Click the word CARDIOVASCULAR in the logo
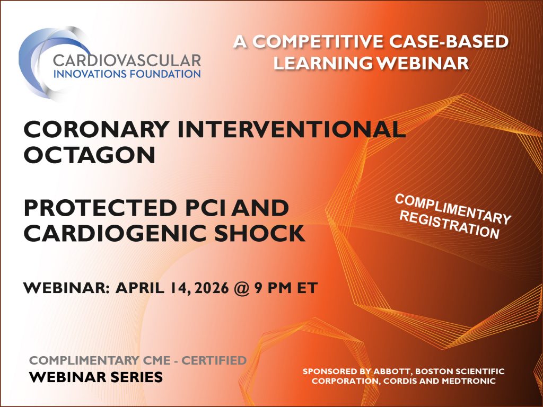(x=127, y=59)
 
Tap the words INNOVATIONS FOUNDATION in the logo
(x=127, y=73)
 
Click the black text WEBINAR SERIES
(x=96, y=377)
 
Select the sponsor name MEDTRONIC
(x=469, y=381)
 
